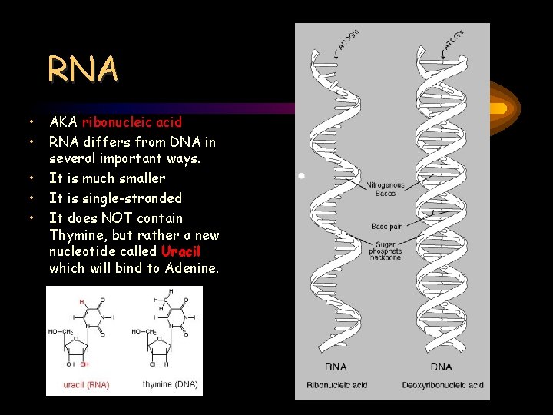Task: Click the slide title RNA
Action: (x=83, y=69)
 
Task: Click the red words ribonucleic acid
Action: (x=132, y=121)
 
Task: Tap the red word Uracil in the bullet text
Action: (x=180, y=252)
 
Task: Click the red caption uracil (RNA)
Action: (x=85, y=384)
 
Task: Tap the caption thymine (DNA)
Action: (x=170, y=383)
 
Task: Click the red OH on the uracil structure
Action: (x=85, y=364)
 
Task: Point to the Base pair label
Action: (x=386, y=227)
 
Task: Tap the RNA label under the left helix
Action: (x=336, y=367)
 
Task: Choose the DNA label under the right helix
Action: (x=442, y=367)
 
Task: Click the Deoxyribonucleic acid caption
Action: (x=442, y=384)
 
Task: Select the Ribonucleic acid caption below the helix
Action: (x=336, y=384)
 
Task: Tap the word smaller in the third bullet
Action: (x=142, y=178)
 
